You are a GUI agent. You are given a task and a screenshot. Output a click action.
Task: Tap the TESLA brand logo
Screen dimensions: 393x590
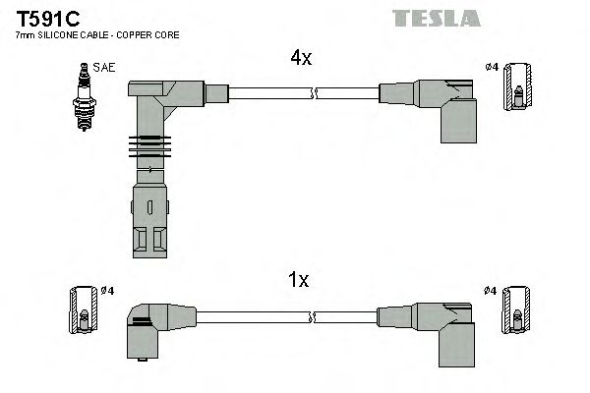pyautogui.click(x=437, y=18)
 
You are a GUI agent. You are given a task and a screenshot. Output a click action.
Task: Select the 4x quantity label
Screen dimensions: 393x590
pyautogui.click(x=300, y=59)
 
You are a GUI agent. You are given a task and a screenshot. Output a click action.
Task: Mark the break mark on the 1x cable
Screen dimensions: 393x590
pyautogui.click(x=313, y=317)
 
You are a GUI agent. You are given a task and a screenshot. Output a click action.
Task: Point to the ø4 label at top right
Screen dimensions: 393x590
pyautogui.click(x=492, y=67)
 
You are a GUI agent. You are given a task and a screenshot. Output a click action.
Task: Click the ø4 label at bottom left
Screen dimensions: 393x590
pyautogui.click(x=108, y=290)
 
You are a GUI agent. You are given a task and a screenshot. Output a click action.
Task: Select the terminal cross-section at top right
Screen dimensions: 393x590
pyautogui.click(x=516, y=88)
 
